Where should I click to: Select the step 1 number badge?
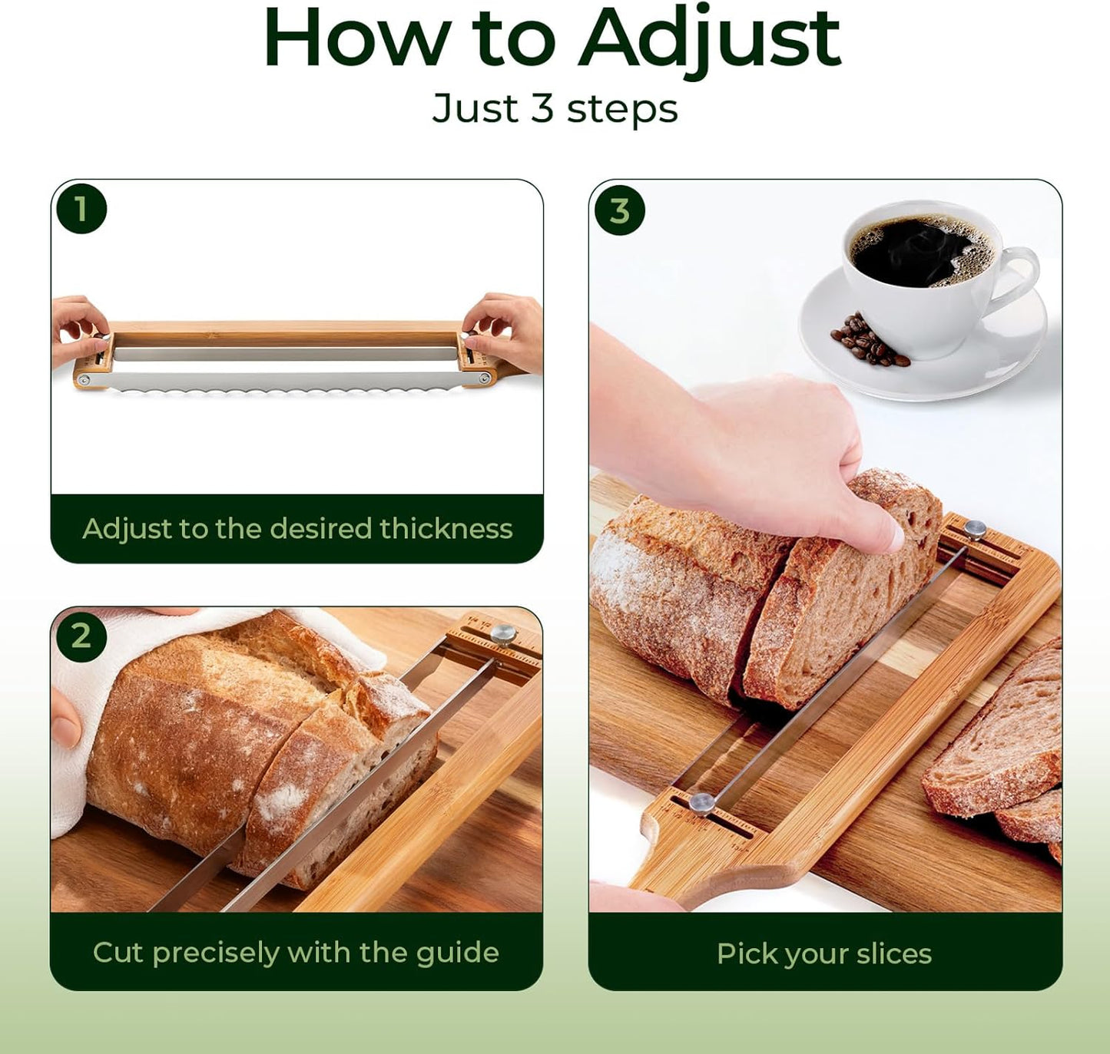coord(81,209)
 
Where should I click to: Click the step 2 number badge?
coord(81,636)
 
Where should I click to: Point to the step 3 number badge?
coord(619,211)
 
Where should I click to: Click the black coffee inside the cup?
coord(919,249)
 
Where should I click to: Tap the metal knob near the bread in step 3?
coord(975,529)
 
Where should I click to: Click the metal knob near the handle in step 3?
coord(701,802)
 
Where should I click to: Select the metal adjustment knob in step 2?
coord(503,633)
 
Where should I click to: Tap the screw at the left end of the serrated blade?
coord(84,380)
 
